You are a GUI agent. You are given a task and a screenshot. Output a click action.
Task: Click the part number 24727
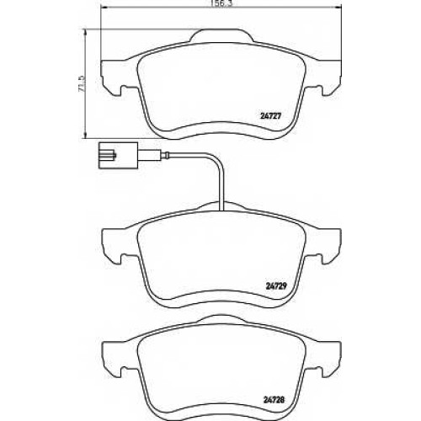tap(269, 115)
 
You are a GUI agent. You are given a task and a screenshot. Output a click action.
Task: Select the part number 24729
tap(275, 285)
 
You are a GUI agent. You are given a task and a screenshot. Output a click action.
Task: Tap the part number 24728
tap(274, 399)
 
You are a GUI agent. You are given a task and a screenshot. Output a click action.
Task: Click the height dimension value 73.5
tap(82, 83)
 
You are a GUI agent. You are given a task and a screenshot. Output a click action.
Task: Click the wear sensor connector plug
tap(118, 155)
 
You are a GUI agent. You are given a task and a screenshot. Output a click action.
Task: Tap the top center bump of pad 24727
tap(221, 35)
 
